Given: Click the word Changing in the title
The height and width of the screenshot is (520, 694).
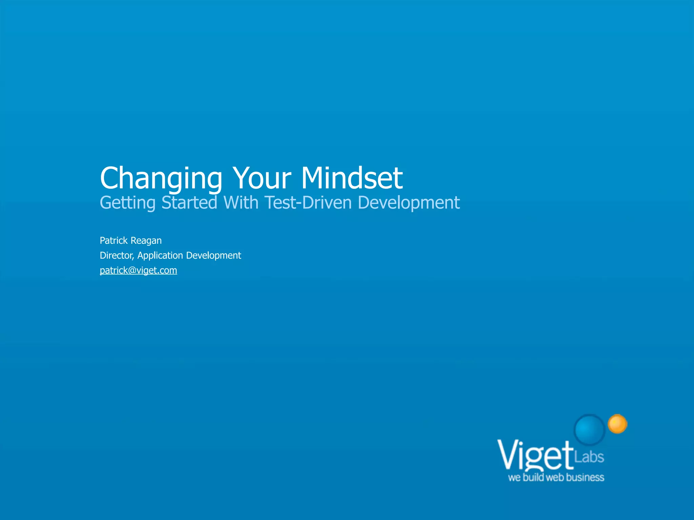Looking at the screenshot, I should click(161, 179).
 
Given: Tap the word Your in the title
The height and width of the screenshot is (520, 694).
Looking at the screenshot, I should click(262, 178).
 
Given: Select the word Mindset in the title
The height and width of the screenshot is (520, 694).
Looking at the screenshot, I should click(352, 178).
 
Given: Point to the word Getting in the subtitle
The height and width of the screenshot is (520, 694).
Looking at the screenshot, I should click(127, 203).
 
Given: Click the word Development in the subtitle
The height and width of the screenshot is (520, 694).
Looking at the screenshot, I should click(409, 203).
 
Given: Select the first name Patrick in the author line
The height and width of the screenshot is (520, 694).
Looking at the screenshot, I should click(114, 240).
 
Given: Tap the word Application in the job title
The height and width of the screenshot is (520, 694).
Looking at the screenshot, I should click(160, 256).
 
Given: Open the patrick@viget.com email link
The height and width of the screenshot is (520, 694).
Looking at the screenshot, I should click(138, 270).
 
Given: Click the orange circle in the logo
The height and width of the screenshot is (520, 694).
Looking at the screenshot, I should click(617, 424).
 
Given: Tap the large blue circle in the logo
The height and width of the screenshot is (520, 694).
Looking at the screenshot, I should click(590, 429).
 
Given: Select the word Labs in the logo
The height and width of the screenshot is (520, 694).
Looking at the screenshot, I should click(589, 457).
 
